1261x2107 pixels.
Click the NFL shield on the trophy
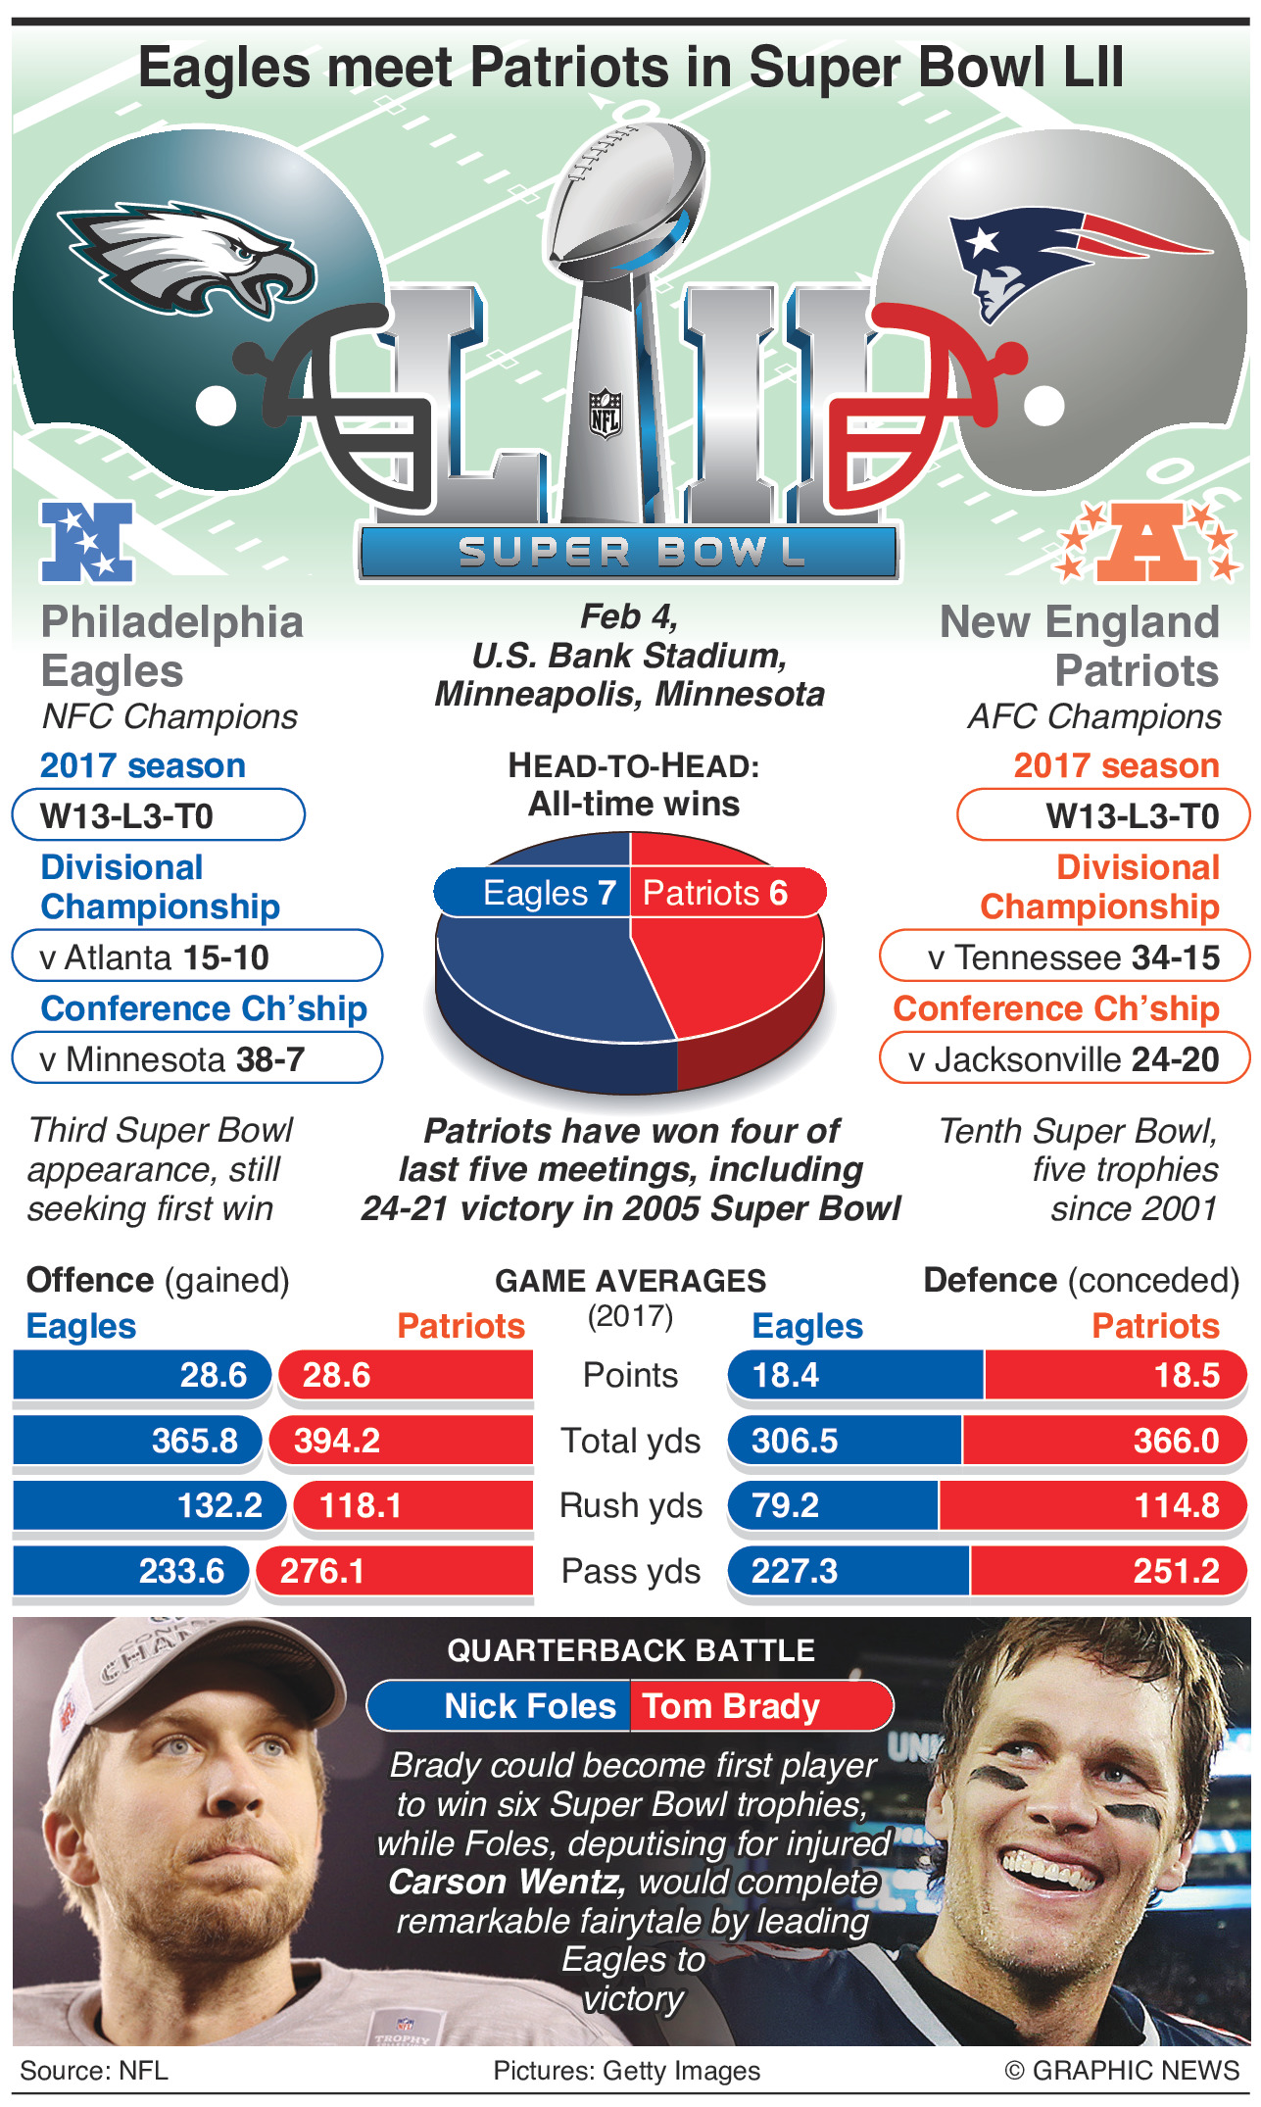(x=605, y=413)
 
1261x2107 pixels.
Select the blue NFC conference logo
(x=86, y=541)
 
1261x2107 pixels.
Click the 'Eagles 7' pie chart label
(x=549, y=893)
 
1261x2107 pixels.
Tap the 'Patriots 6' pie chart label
(x=715, y=893)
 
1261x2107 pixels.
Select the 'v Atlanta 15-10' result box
(x=196, y=956)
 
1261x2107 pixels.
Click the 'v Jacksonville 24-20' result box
(x=1064, y=1059)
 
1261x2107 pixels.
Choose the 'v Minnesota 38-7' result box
(x=196, y=1059)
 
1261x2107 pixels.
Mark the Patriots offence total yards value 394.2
(x=337, y=1441)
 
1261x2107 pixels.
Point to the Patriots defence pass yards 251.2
(x=1176, y=1571)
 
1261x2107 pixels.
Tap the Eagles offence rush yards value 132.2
(x=219, y=1505)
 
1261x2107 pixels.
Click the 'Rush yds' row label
(x=630, y=1505)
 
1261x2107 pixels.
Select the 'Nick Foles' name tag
(x=529, y=1706)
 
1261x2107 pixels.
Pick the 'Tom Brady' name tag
(x=731, y=1706)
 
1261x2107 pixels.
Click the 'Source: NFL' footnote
(x=94, y=2070)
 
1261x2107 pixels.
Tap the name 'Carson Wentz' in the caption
(x=506, y=1882)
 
